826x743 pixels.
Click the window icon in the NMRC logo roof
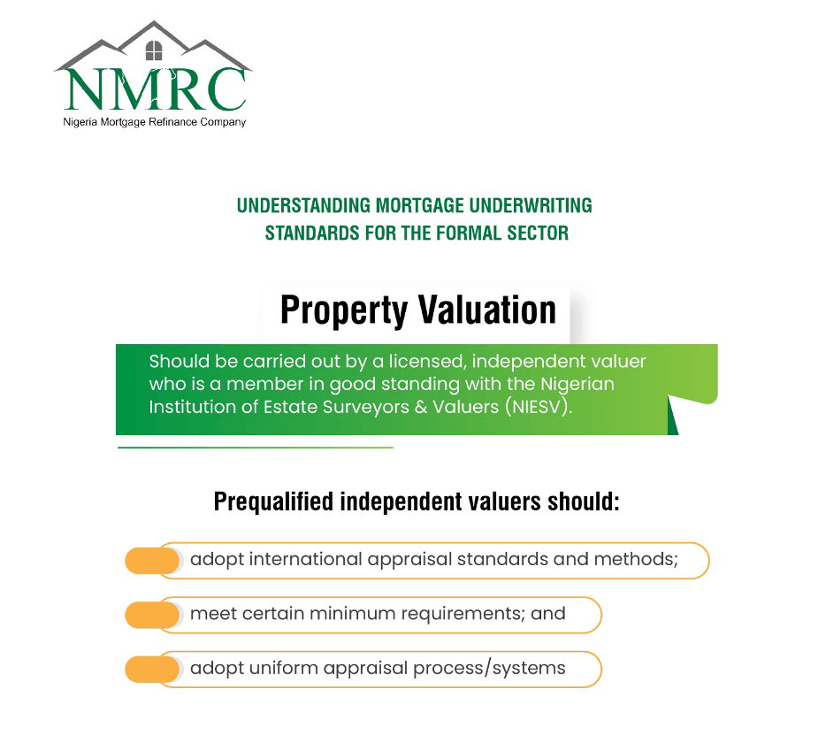[153, 50]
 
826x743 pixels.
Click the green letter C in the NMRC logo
[224, 90]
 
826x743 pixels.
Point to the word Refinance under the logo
[172, 122]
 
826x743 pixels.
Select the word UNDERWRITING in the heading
[531, 205]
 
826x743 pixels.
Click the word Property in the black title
[344, 310]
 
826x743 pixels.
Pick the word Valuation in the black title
[487, 310]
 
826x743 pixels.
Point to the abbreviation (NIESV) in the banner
[539, 407]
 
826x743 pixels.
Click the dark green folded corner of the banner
[673, 416]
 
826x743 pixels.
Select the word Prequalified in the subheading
[273, 502]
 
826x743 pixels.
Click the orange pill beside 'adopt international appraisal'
[152, 561]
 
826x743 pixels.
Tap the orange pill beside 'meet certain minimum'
[152, 615]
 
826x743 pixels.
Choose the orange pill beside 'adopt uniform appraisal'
[152, 670]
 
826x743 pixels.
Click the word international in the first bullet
[305, 559]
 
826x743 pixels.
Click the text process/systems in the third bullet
[489, 669]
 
